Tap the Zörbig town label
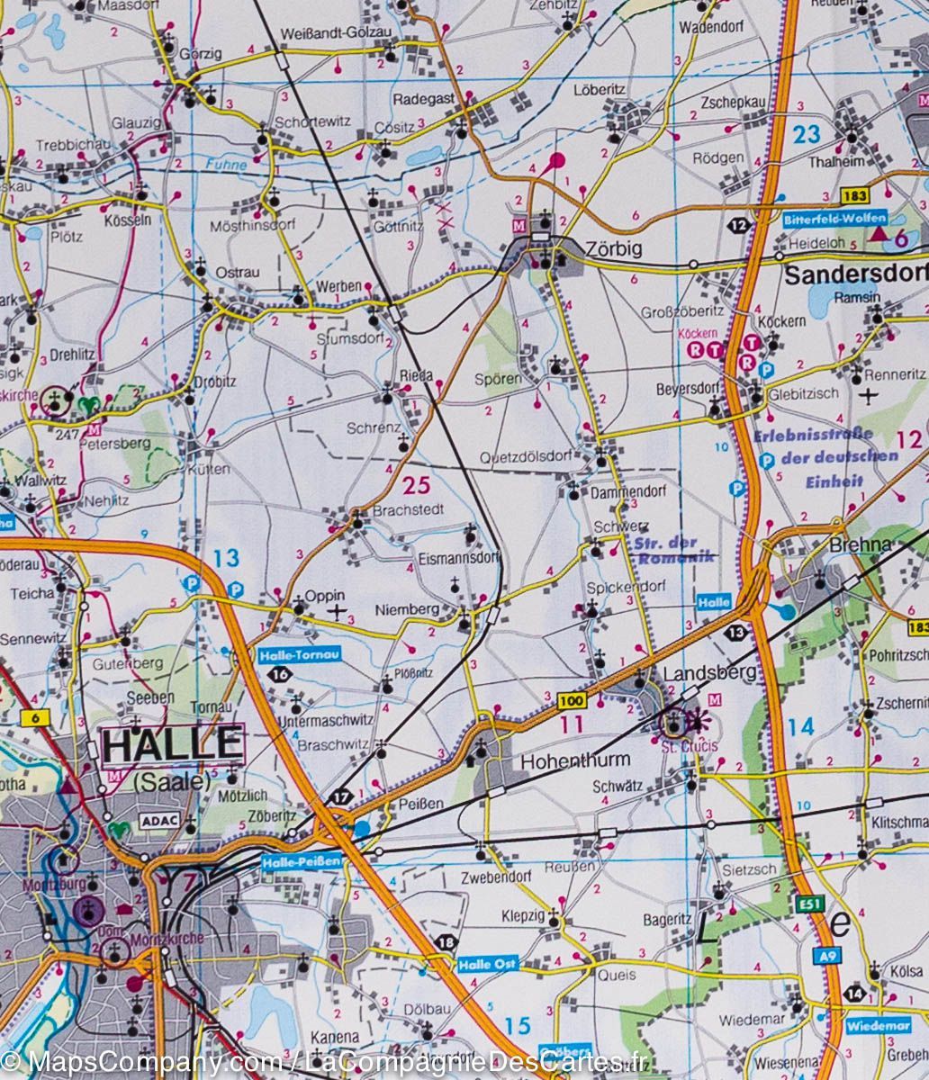(613, 250)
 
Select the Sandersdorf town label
(855, 274)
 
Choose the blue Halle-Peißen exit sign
(302, 861)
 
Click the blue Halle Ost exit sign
(488, 964)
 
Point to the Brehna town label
(861, 544)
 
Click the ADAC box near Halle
(157, 821)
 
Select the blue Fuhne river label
(225, 165)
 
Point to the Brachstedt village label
(409, 510)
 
